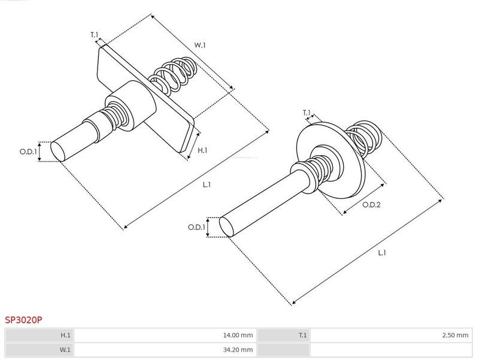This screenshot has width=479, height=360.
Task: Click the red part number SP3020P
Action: (x=23, y=320)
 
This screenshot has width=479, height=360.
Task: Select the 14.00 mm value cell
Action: (x=165, y=335)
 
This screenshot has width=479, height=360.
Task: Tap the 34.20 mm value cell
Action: (x=165, y=350)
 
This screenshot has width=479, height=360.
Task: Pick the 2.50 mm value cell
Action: (x=391, y=335)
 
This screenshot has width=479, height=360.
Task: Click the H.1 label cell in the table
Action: (x=40, y=335)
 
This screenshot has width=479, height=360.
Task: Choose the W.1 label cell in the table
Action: (x=40, y=350)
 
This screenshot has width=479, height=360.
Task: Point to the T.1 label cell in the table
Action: (x=283, y=335)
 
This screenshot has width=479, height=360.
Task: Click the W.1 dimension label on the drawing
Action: (x=200, y=46)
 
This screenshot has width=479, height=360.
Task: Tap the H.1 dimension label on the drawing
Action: (x=202, y=150)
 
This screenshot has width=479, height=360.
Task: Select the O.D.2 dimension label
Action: (x=371, y=205)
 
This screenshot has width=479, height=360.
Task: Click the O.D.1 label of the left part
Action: (x=28, y=152)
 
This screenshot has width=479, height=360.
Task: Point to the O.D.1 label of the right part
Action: (x=196, y=228)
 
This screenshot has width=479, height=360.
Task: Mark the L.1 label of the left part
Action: (x=207, y=184)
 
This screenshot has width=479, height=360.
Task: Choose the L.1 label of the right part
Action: (x=382, y=253)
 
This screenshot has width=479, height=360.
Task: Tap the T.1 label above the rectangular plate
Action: (x=95, y=35)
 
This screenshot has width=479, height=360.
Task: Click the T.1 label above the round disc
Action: (x=307, y=113)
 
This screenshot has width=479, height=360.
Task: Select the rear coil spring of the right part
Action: (x=365, y=138)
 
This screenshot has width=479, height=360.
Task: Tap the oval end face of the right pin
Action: (x=227, y=227)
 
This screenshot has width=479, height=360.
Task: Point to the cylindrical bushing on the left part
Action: (x=131, y=105)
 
